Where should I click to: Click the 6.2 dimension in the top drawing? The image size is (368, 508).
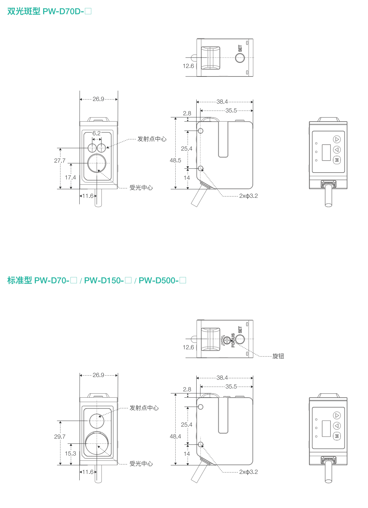(96, 133)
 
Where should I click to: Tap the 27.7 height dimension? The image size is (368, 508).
(60, 161)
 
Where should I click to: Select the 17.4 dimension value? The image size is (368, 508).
(70, 178)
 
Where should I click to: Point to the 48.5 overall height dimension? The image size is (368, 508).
(175, 160)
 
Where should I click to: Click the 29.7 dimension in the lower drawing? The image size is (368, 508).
(60, 437)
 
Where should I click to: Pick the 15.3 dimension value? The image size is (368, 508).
(70, 453)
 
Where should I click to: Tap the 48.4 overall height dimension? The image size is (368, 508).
(175, 436)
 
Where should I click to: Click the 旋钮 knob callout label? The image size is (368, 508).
(278, 356)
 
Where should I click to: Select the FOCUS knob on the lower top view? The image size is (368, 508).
(227, 340)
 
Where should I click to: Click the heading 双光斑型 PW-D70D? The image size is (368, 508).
(49, 11)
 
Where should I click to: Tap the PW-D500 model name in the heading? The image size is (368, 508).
(159, 281)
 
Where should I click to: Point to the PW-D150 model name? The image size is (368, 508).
(104, 281)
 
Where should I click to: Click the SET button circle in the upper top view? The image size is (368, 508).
(240, 58)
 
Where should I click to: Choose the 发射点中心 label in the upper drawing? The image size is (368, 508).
(152, 139)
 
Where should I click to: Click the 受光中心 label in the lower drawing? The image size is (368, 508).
(141, 463)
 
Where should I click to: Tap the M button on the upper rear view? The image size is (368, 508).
(337, 160)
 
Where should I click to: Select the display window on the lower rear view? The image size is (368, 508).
(326, 429)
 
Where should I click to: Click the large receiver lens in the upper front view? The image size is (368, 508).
(97, 163)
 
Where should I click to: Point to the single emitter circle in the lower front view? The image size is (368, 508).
(97, 421)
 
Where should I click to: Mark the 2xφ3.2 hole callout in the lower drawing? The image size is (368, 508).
(248, 472)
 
